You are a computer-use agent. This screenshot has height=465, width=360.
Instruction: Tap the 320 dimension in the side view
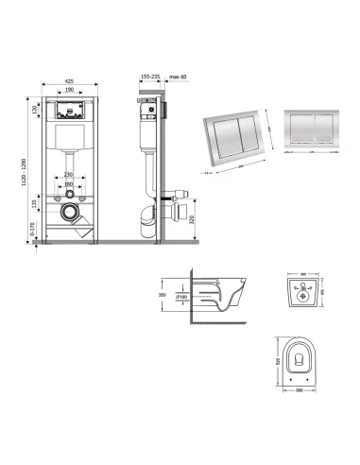(192, 222)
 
